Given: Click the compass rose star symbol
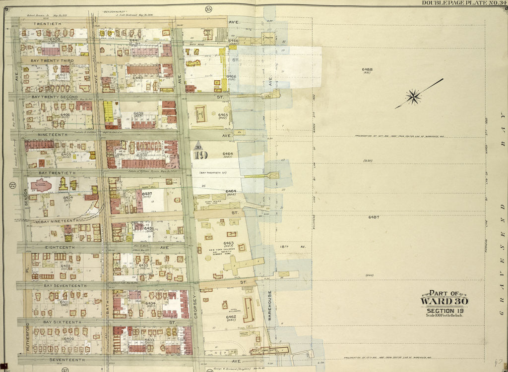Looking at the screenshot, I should (x=413, y=97).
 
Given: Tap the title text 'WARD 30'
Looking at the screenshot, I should (x=444, y=301).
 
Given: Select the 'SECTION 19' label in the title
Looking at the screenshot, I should (x=444, y=311).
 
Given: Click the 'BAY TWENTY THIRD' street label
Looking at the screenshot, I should (x=52, y=60).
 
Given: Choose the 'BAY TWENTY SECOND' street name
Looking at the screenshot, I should (x=54, y=97).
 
